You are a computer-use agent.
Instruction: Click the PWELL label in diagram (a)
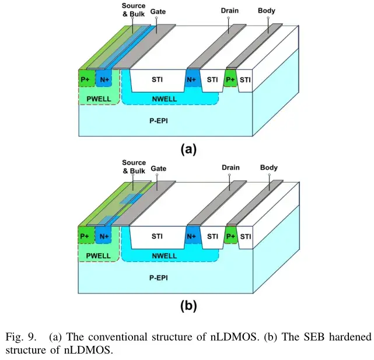99,99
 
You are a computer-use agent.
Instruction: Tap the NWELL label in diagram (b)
165,256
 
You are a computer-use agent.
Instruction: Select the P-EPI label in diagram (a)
159,121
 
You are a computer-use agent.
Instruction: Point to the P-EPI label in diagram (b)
159,278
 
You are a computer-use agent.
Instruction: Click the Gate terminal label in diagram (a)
158,12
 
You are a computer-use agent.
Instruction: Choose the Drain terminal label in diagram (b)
230,167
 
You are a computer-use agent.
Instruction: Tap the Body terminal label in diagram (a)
267,11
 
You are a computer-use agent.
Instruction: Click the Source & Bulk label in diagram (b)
134,167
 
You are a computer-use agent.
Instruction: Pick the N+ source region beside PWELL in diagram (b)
103,235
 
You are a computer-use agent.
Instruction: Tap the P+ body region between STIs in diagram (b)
231,235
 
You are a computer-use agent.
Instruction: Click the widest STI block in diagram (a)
158,81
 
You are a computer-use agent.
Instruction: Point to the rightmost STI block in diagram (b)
246,237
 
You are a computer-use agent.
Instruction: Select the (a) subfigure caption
188,149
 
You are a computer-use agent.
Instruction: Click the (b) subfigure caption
188,306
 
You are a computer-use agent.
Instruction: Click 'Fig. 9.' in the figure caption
21,337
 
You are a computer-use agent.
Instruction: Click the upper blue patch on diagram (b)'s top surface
131,198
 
